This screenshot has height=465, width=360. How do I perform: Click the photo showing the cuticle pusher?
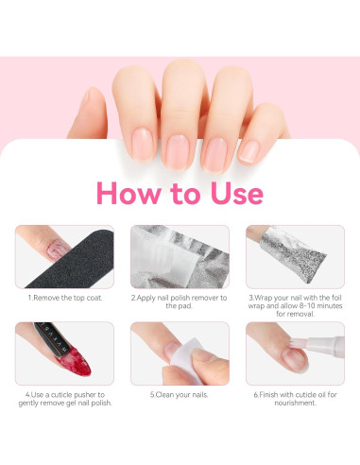pos(63,353)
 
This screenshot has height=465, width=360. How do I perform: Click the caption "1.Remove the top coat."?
pos(63,297)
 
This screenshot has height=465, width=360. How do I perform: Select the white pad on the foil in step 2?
pos(180,247)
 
